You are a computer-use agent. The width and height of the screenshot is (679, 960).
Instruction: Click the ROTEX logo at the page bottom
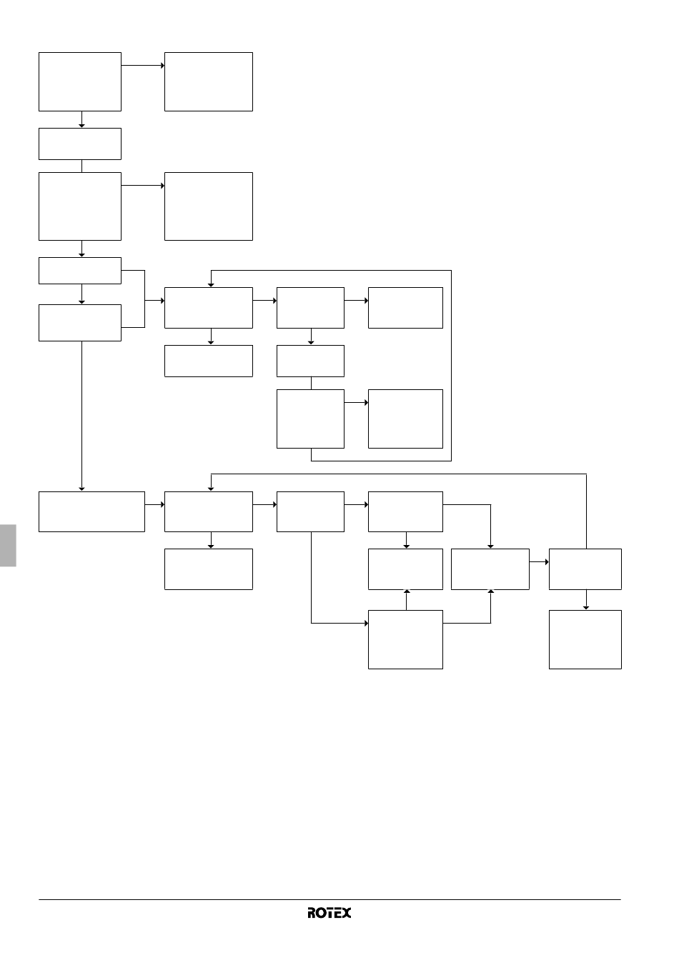click(329, 913)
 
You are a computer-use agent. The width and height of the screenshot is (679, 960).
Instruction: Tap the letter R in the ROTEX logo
click(312, 913)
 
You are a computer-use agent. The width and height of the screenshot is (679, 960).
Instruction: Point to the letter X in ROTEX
click(346, 913)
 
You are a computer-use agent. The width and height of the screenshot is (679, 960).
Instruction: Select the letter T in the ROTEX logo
click(329, 913)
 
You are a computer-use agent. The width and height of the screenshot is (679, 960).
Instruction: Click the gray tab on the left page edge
click(8, 545)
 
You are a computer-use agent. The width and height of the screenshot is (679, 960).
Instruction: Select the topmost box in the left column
click(80, 82)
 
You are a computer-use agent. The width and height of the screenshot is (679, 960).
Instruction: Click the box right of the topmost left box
click(209, 82)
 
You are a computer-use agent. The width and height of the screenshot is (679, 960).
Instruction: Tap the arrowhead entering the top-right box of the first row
click(162, 66)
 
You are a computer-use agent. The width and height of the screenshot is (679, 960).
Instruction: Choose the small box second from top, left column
click(80, 144)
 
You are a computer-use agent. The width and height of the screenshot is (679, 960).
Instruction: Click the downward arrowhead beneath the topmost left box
click(81, 126)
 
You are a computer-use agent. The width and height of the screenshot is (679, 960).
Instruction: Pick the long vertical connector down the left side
click(81, 415)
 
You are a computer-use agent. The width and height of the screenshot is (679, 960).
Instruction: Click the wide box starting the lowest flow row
click(91, 511)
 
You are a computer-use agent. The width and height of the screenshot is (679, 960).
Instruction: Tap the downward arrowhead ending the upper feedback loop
click(211, 285)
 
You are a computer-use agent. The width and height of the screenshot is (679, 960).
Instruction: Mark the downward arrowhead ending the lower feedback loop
click(211, 489)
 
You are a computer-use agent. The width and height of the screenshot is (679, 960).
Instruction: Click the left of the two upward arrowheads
click(407, 591)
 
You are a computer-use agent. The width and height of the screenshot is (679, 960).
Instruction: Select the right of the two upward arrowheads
click(491, 591)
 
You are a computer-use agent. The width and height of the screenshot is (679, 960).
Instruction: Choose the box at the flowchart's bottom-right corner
click(585, 639)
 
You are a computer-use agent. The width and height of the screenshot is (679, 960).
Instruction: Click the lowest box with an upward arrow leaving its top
click(405, 639)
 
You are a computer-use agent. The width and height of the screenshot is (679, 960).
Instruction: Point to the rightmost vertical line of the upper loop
click(451, 366)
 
